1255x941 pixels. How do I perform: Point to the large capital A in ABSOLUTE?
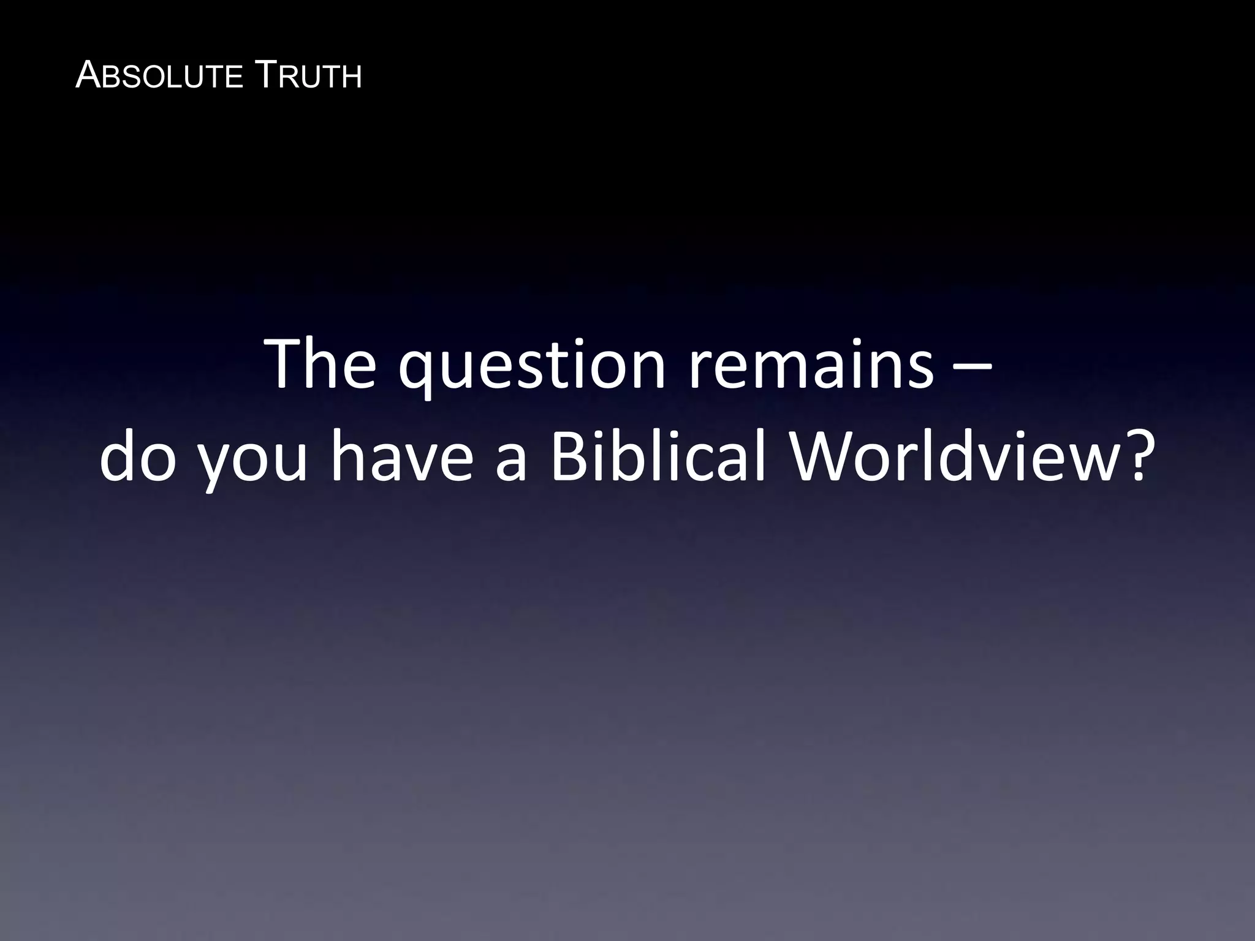click(x=86, y=76)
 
